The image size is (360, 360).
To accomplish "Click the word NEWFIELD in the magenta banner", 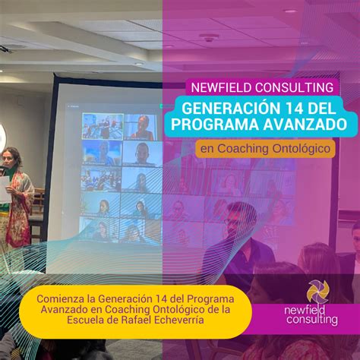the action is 222,87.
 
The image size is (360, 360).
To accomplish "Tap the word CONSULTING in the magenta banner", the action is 294,87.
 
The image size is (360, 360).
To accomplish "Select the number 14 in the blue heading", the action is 295,109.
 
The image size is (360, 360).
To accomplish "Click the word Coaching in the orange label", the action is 243,149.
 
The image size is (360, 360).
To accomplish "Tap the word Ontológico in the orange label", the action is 301,149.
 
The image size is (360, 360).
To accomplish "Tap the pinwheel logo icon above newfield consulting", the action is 318,292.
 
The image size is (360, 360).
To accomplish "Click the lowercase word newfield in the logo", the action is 305,311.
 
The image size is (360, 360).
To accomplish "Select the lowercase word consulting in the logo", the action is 312,320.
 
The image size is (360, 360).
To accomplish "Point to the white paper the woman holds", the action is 5,188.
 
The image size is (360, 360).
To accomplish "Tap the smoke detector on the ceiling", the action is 209,38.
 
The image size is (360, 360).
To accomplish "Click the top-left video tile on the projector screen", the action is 103,126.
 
